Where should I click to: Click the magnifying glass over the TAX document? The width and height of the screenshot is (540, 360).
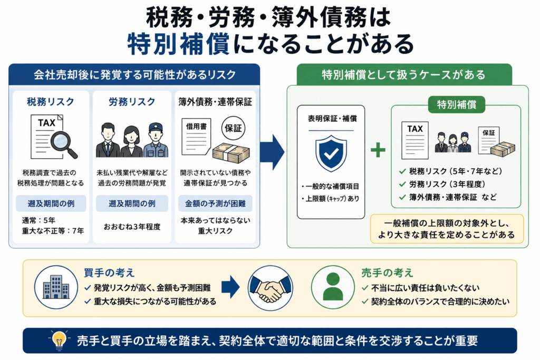63,144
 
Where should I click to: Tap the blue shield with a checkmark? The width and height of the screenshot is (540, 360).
331,153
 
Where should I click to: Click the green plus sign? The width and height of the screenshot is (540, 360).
378,150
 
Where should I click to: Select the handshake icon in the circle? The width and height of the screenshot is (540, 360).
271,288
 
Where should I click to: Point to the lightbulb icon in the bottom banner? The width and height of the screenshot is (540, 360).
59,340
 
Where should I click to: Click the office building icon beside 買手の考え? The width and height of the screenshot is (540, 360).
56,287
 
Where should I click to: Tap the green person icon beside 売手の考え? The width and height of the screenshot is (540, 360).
333,287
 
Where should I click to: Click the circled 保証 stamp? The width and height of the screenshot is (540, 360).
233,129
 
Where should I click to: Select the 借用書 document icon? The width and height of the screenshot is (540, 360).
196,137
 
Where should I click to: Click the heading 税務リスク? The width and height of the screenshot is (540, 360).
51,102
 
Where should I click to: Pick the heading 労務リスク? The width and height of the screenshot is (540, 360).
132,102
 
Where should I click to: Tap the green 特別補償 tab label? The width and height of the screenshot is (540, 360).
456,105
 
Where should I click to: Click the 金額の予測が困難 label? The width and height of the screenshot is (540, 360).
215,204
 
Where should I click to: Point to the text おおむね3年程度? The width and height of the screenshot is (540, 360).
132,227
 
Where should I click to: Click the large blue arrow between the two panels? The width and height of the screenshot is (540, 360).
272,152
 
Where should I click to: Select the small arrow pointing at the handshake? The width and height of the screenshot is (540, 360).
230,287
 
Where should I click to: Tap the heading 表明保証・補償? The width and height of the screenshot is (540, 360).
332,119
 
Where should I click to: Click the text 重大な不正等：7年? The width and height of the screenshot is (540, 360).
53,231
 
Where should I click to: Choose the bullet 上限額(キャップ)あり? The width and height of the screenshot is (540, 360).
330,199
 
